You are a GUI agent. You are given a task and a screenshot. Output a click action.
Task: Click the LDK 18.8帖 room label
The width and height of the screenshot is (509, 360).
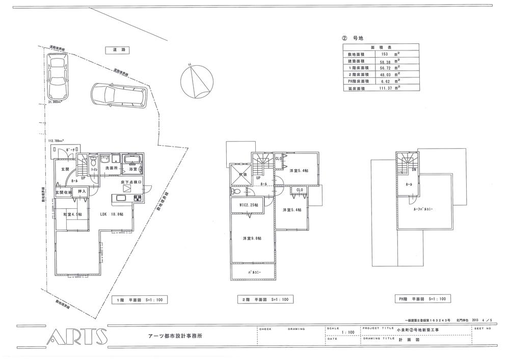112,215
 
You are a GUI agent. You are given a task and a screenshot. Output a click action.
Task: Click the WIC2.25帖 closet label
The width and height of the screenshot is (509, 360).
248,205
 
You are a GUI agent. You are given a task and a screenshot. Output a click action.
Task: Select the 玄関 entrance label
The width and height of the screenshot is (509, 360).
66,169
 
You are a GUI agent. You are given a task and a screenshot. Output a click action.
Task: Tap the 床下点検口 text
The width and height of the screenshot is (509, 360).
131,182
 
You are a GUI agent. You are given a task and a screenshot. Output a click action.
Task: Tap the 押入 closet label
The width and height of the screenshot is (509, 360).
81,191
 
